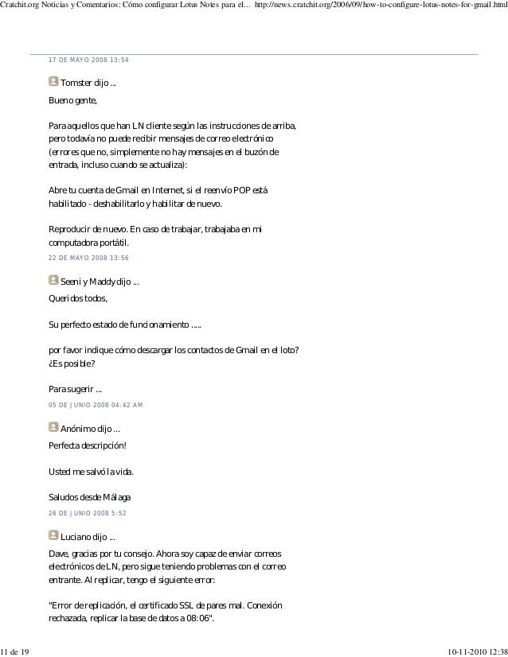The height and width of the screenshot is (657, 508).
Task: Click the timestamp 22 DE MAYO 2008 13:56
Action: point(88,259)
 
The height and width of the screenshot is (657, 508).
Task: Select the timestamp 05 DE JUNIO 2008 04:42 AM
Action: point(96,405)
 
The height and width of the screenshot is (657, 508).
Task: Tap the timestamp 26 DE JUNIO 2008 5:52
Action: point(88,513)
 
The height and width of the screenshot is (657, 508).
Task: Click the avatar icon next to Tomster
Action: point(53,81)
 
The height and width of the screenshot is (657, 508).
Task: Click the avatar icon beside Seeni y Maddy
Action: point(53,280)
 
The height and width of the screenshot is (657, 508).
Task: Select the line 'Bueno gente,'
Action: point(72,101)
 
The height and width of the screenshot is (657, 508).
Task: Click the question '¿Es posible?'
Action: point(72,363)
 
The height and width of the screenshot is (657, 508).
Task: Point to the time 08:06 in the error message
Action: point(202,620)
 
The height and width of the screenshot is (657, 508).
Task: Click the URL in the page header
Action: point(380,6)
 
